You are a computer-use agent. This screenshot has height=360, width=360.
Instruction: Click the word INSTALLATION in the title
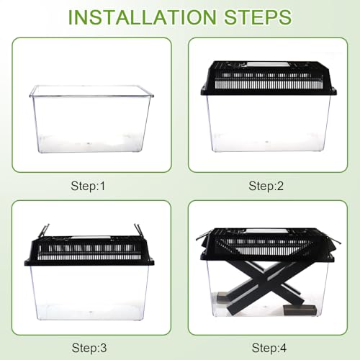pyautogui.click(x=143, y=17)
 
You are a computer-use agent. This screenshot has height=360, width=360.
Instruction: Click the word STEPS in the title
pyautogui.click(x=258, y=17)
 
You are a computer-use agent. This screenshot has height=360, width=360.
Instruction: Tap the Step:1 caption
pyautogui.click(x=88, y=186)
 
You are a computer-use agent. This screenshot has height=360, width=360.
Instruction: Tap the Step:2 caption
pyautogui.click(x=266, y=186)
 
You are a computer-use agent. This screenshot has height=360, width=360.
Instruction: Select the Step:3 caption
pyautogui.click(x=89, y=348)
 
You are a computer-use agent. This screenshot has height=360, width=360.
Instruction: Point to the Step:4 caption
pyautogui.click(x=269, y=348)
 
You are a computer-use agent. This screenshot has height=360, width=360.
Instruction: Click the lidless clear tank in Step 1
pyautogui.click(x=91, y=119)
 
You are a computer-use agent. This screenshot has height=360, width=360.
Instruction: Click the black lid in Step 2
pyautogui.click(x=269, y=78)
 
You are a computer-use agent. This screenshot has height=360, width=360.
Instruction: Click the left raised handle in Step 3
pyautogui.click(x=45, y=230)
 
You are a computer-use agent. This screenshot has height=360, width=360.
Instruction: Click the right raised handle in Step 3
pyautogui.click(x=138, y=230)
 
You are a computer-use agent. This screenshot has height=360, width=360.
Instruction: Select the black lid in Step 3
pyautogui.click(x=89, y=251)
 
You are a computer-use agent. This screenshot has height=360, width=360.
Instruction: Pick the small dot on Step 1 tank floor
pyautogui.click(x=89, y=143)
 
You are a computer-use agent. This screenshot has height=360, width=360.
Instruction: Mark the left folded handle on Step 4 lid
pyautogui.click(x=204, y=235)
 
